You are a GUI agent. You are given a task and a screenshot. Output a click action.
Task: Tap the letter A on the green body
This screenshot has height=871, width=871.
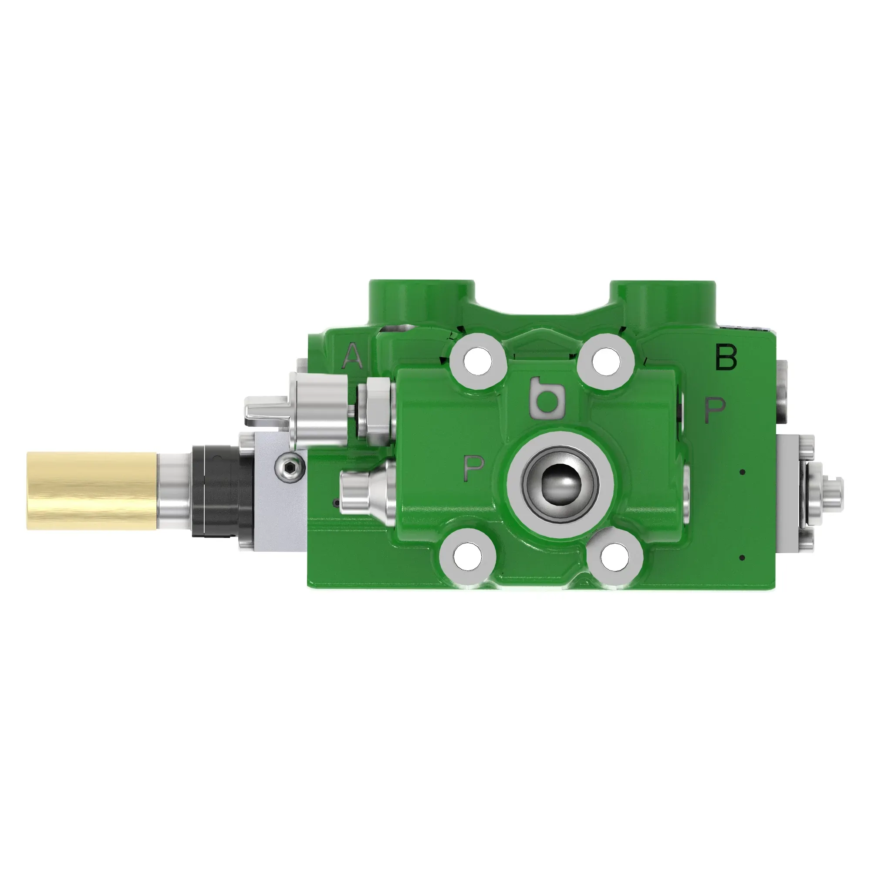tap(353, 356)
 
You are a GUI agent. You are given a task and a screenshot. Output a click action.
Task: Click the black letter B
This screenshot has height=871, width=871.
tap(726, 358)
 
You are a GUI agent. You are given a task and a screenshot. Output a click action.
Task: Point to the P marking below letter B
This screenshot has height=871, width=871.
tap(715, 409)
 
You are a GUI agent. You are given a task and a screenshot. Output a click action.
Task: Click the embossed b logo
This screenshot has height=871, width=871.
tap(548, 397)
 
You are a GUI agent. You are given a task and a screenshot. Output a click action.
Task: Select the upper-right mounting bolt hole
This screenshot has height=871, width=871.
tap(605, 361)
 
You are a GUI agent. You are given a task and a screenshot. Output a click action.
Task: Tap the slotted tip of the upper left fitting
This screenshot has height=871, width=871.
tap(266, 410)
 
